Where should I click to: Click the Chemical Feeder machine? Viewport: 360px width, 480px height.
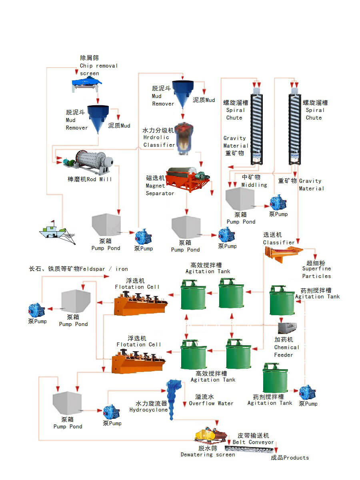tap(288, 328)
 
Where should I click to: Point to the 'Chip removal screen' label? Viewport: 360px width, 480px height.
tap(98, 66)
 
